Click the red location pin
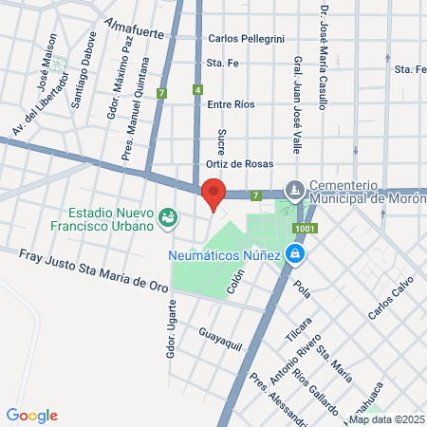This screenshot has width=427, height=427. point(213,194)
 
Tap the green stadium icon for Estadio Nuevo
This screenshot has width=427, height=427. point(169,218)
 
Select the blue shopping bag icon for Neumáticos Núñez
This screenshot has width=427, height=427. point(296,253)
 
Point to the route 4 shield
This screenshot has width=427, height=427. point(197,90)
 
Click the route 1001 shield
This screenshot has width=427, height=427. point(306,230)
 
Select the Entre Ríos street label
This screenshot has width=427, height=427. point(232,104)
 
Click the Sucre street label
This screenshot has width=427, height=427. point(221,143)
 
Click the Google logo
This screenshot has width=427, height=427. point(31,416)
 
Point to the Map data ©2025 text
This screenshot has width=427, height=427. point(386,419)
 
